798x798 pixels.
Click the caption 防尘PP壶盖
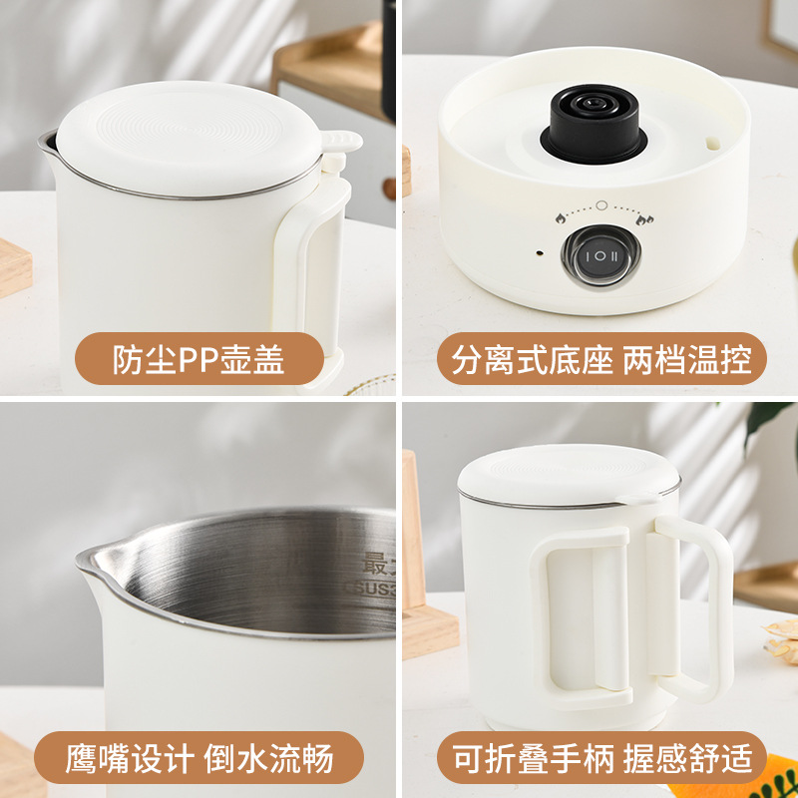(199, 359)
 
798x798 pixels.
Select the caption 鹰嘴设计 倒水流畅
(199, 757)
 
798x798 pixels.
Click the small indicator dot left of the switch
(538, 253)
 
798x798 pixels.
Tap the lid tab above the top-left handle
(340, 144)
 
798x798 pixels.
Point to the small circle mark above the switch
(601, 205)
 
